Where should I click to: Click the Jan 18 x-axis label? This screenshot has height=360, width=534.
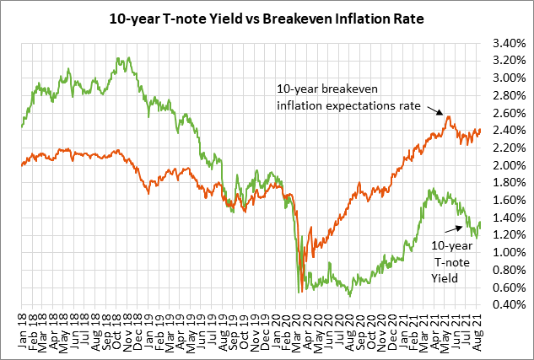pos(23,330)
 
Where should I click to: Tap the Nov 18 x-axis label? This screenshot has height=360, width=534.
pos(128,330)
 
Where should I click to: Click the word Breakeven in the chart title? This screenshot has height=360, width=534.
pos(289,17)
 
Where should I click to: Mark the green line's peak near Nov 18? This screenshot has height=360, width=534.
pos(127,58)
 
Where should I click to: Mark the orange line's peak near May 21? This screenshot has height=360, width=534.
pos(449,116)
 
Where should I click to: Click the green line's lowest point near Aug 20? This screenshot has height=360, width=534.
pos(349,295)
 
